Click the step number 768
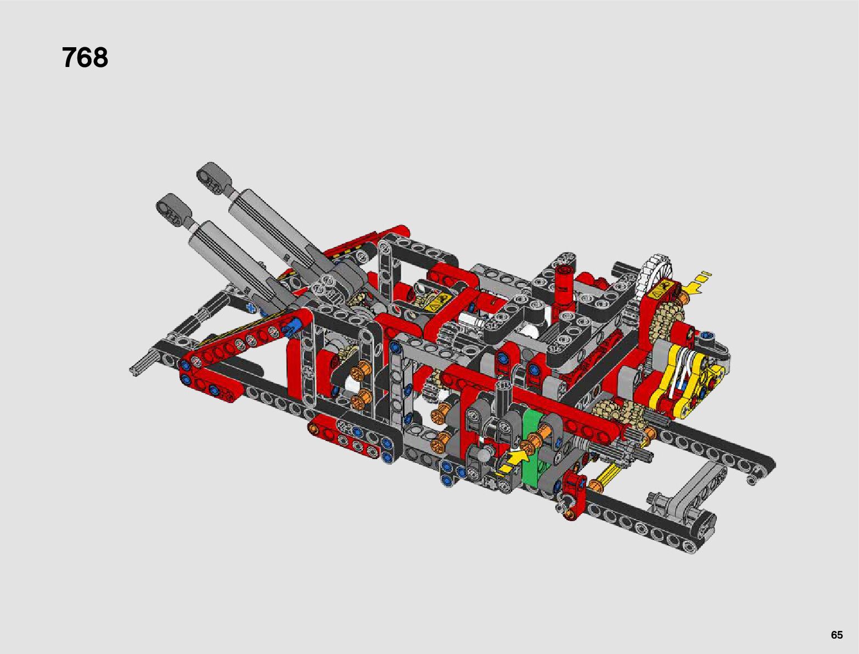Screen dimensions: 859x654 (85, 58)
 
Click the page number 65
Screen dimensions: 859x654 (836, 634)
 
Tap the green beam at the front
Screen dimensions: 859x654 (533, 446)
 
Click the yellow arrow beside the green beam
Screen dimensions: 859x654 (514, 461)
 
